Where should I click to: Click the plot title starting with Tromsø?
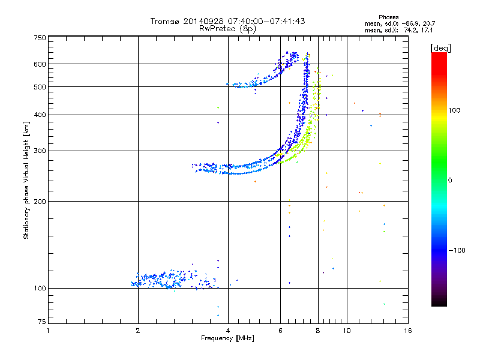pos(227,21)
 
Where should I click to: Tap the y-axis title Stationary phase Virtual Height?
pos(26,181)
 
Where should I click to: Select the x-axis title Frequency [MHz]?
pos(227,339)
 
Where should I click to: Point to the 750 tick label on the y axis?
pos(40,38)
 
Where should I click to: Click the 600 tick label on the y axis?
pos(40,64)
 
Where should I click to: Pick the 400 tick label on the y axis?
pos(40,115)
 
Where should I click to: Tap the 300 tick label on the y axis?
pos(40,151)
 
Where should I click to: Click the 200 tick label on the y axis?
pos(40,201)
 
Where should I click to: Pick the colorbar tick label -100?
pos(458,250)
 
